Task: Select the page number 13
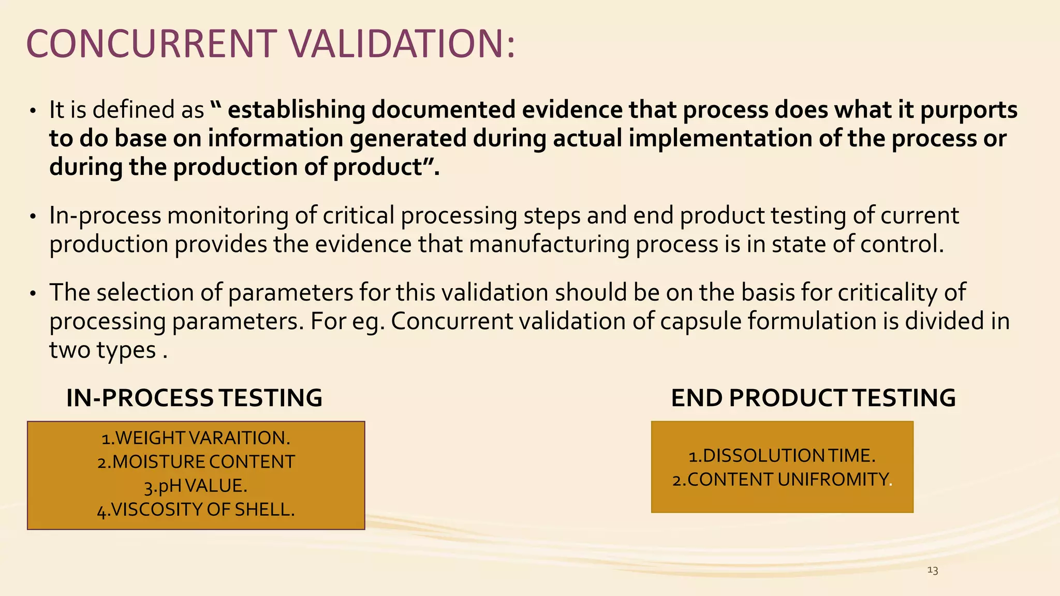pos(933,570)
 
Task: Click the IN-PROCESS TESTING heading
pos(194,398)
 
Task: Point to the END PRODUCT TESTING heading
pos(813,398)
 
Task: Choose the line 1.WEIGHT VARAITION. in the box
pos(196,438)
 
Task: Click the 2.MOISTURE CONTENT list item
pos(196,461)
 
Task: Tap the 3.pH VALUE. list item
pos(196,486)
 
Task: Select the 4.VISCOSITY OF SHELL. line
pos(196,510)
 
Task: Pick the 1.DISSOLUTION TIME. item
pos(782,456)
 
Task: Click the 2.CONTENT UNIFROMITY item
pos(781,480)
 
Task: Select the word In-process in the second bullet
pos(105,216)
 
